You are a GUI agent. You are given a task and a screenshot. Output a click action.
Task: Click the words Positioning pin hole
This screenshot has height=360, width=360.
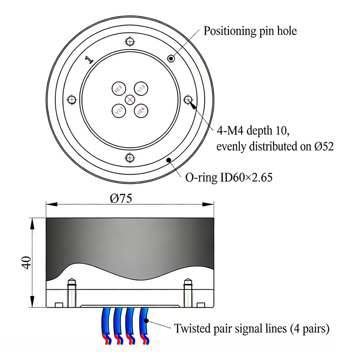pyautogui.click(x=250, y=31)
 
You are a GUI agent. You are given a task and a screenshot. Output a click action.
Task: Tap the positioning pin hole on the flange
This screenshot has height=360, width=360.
pyautogui.click(x=171, y=58)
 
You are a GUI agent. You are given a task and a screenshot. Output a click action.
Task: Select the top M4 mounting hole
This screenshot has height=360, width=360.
pyautogui.click(x=130, y=42)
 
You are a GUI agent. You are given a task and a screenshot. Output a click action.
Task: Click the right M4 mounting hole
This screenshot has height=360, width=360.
pyautogui.click(x=189, y=99)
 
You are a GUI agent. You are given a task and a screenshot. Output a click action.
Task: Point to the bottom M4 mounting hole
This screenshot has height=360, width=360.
pyautogui.click(x=130, y=157)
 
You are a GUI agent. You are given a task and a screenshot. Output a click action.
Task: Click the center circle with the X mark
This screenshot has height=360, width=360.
pyautogui.click(x=130, y=99)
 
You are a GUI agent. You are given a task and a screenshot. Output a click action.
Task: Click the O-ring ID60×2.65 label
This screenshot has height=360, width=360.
pyautogui.click(x=229, y=177)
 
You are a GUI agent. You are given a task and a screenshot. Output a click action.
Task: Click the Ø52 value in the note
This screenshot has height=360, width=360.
pyautogui.click(x=323, y=147)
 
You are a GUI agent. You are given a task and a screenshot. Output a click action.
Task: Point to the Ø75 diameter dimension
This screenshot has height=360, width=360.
pyautogui.click(x=121, y=198)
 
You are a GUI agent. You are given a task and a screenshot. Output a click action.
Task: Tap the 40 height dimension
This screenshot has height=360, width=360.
pyautogui.click(x=26, y=263)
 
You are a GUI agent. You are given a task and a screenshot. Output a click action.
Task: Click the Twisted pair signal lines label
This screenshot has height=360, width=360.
pyautogui.click(x=252, y=328)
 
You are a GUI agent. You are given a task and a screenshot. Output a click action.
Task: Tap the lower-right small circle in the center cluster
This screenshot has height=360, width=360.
pyautogui.click(x=141, y=110)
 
